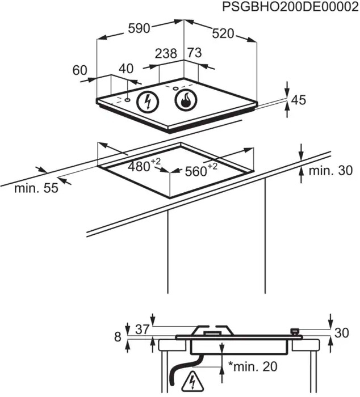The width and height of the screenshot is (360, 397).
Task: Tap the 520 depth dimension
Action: coord(223,33)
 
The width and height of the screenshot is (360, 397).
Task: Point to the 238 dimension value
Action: coord(166,54)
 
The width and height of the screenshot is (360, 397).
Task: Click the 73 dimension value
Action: coord(194,53)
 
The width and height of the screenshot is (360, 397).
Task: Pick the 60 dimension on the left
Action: coord(80,70)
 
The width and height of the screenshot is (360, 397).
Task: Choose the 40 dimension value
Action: coord(125,69)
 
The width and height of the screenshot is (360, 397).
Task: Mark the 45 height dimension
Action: coord(298,100)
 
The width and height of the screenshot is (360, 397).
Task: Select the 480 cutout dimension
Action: coord(142,166)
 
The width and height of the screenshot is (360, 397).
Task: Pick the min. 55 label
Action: coord(36,189)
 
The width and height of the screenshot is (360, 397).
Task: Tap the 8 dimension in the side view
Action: coord(118,337)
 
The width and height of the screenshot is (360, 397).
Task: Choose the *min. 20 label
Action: coord(252,366)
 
